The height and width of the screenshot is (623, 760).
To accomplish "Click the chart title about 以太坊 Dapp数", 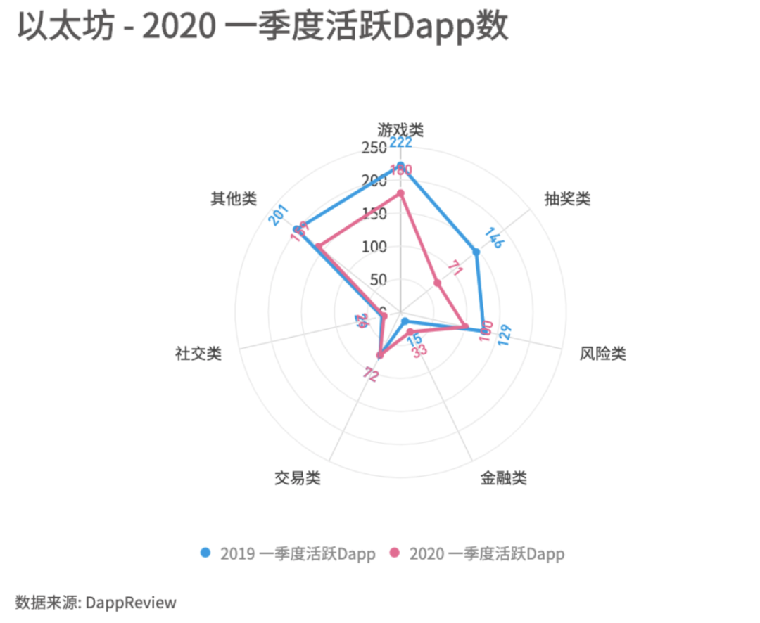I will click(x=262, y=28).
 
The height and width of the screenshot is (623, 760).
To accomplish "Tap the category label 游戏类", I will click(x=400, y=129).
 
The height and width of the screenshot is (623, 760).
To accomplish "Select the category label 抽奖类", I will click(x=567, y=199).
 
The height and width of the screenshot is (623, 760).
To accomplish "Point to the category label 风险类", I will click(x=602, y=353).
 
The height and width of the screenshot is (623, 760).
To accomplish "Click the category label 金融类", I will click(x=504, y=478).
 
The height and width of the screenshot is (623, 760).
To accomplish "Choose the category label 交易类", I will click(x=297, y=479).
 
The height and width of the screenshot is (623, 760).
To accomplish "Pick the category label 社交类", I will click(x=198, y=353).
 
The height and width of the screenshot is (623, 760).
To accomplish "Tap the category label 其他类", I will click(x=234, y=199).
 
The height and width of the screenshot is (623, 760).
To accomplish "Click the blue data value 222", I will click(x=400, y=143).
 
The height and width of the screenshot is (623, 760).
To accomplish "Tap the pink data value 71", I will click(x=456, y=269).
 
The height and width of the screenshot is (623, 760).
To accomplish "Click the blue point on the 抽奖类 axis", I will click(x=476, y=252).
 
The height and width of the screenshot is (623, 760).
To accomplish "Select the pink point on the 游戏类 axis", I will click(x=400, y=193).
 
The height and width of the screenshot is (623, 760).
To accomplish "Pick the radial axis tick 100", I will click(x=374, y=247).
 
